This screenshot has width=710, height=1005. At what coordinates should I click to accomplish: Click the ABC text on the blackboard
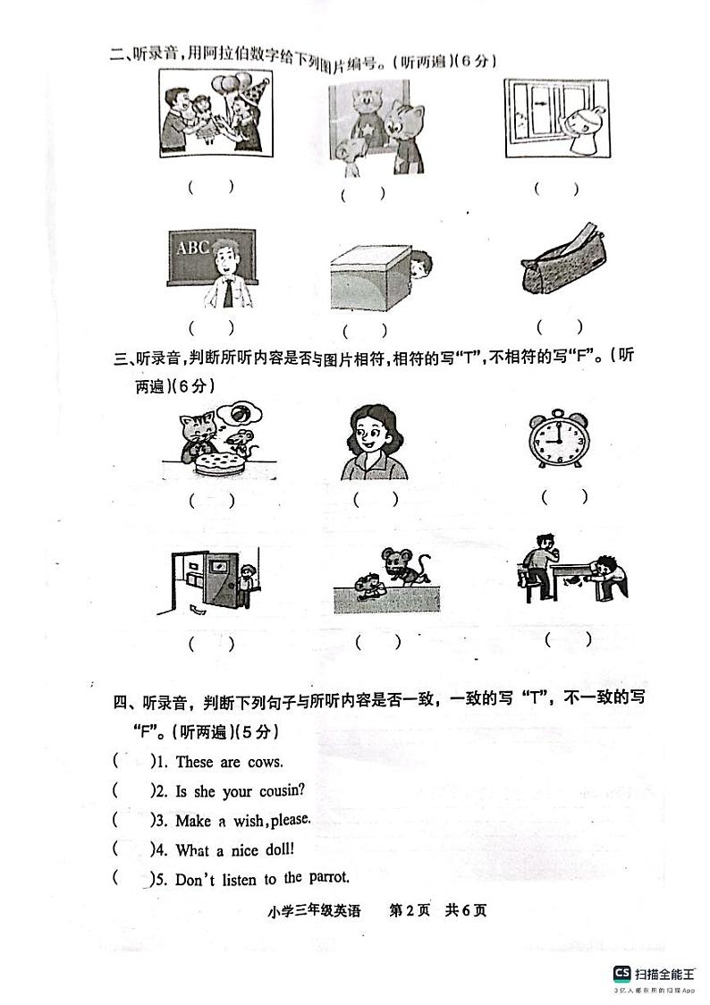click(192, 247)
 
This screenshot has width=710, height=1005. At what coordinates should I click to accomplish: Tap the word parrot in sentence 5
click(328, 878)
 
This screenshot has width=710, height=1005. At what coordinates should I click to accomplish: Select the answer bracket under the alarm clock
click(564, 496)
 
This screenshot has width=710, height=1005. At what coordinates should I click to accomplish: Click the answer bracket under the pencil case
click(559, 327)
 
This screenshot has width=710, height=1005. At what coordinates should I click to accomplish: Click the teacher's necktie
click(229, 292)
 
